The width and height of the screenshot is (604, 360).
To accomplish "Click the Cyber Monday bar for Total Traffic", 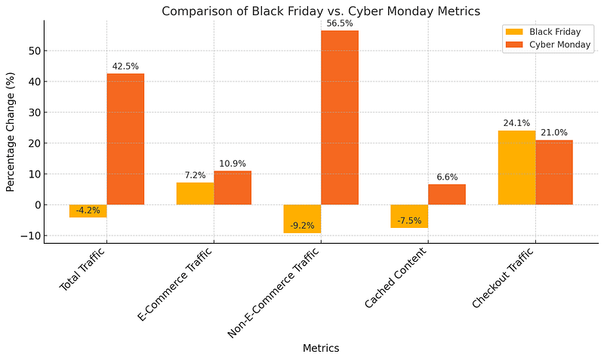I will click(x=125, y=139).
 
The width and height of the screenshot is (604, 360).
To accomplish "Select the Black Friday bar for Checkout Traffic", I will click(x=516, y=168).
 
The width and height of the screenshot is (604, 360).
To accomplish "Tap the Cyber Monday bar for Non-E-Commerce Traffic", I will click(x=340, y=118).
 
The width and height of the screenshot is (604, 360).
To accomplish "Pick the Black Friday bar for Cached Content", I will click(x=409, y=216).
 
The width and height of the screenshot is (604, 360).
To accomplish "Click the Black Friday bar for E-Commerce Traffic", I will click(x=195, y=193).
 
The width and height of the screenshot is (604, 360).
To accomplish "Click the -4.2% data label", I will click(x=88, y=211).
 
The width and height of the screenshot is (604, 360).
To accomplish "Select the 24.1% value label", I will click(x=516, y=123).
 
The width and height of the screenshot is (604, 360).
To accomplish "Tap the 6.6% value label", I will click(x=447, y=177).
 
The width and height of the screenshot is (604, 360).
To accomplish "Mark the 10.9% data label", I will click(x=233, y=164).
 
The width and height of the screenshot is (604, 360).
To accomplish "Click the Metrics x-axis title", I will click(x=321, y=348).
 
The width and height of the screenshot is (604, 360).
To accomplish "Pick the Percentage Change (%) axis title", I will click(x=11, y=132).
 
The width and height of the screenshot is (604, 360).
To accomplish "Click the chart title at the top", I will click(x=321, y=11).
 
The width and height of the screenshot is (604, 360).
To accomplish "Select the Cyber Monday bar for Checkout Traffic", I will click(x=554, y=172).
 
